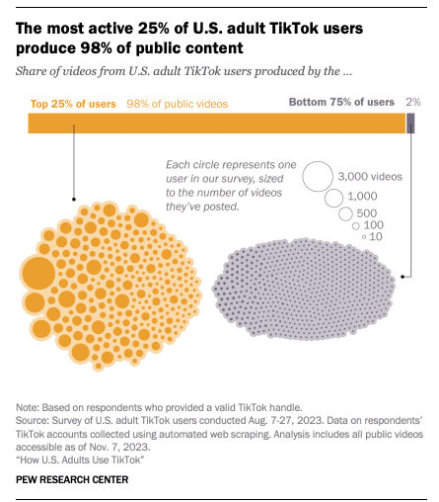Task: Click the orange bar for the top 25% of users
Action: click(x=217, y=124)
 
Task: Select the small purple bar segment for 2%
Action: click(x=410, y=124)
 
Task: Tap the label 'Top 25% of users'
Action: click(x=73, y=104)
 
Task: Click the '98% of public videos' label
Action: click(x=178, y=104)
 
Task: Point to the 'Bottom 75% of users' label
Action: click(x=341, y=102)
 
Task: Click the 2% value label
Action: click(x=413, y=102)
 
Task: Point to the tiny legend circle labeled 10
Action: click(x=364, y=236)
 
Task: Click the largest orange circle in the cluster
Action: click(x=38, y=274)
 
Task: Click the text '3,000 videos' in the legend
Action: click(x=370, y=177)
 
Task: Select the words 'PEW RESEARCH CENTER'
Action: click(x=72, y=479)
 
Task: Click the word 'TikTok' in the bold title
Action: click(x=294, y=29)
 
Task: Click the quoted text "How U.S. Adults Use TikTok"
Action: click(x=80, y=460)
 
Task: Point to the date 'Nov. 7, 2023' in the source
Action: click(x=119, y=447)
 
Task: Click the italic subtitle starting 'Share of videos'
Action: click(x=184, y=71)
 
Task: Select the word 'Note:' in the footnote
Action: click(x=28, y=407)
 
